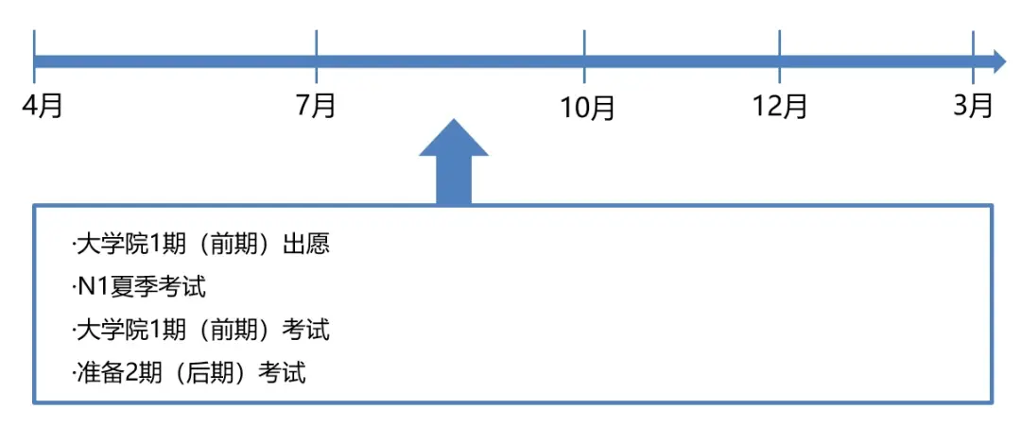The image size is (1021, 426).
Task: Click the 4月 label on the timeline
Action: point(43,106)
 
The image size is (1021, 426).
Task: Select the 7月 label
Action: point(316,106)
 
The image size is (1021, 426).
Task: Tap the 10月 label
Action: point(588,107)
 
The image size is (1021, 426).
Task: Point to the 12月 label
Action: point(780,106)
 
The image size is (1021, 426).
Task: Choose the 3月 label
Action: point(973,105)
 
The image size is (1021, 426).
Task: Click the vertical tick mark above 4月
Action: point(33,58)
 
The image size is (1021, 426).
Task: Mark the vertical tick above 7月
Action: point(316,58)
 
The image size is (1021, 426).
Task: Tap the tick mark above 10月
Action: point(585,58)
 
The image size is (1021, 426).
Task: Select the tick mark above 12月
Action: point(780,58)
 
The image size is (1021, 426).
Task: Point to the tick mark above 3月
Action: point(973,58)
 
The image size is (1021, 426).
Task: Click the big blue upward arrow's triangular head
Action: point(453,139)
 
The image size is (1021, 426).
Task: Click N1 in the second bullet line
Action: point(88,287)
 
